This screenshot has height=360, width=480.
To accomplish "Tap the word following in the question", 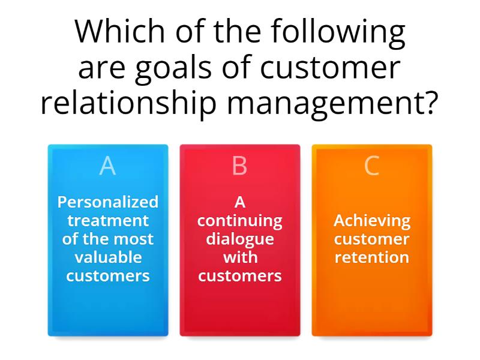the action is [338, 33].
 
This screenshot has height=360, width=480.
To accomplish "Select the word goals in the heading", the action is [173, 68].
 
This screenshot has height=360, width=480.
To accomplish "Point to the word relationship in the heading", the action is [128, 103].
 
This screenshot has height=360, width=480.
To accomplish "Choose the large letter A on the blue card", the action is [107, 166].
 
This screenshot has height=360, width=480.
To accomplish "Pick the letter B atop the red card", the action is [239, 166].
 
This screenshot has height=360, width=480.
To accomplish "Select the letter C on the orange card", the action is [371, 166].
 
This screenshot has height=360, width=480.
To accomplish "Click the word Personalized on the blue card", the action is [108, 202].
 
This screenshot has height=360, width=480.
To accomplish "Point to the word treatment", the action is [108, 220].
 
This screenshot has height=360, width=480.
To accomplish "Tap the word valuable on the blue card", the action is [108, 257].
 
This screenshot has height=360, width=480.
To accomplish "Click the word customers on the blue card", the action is [108, 276].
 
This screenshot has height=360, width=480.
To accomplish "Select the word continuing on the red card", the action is [239, 221].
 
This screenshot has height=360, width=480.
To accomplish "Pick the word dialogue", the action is [239, 239].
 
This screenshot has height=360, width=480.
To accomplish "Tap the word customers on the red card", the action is [239, 276].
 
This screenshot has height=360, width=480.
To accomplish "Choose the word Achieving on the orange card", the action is [372, 221].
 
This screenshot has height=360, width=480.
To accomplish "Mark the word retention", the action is [372, 257].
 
